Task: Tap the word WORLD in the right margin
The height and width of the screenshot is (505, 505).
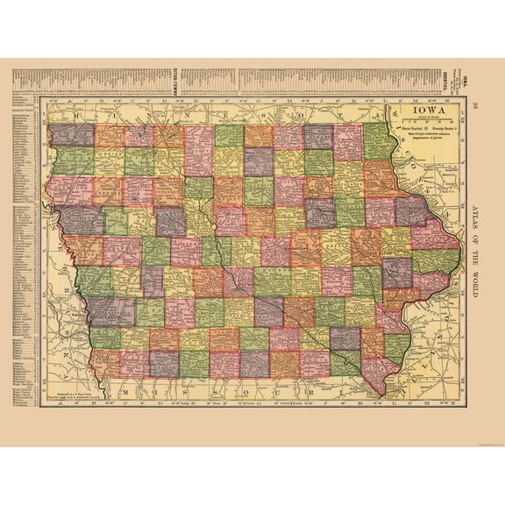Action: point(474,302)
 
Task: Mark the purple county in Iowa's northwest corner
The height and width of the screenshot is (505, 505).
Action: point(71,134)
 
